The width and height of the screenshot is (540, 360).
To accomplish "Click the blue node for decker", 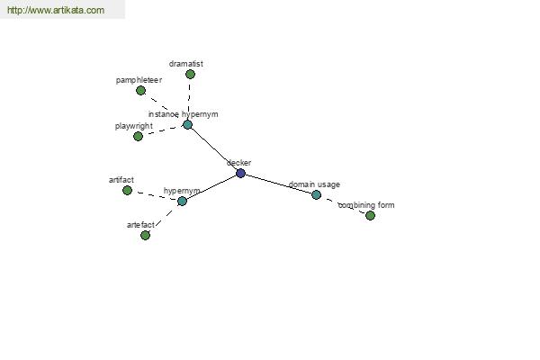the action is point(240,174).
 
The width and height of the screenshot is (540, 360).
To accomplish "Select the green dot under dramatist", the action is point(190,74).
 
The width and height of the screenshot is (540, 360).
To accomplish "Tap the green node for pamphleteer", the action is point(140,91).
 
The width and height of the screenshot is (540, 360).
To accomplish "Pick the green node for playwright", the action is point(138,137).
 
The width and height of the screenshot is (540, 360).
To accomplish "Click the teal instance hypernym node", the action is point(187,125).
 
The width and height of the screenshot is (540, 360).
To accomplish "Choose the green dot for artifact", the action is point(127,190).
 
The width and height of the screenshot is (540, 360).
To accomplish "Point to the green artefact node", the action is point(145,235).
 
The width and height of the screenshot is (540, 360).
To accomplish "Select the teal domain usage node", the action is point(316,195).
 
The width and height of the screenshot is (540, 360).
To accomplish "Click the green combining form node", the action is point(370,216).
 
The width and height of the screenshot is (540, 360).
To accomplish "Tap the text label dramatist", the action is point(186,64).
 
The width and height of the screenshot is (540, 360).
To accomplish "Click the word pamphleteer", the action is point(139,80).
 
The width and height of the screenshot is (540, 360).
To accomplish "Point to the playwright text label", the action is point(133,126).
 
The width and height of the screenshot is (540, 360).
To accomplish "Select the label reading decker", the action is point(239,163).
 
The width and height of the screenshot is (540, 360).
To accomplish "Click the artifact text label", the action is point(121,180).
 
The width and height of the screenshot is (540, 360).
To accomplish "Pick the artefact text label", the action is point(140,225).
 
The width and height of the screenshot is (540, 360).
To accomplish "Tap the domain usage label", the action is point(314,184).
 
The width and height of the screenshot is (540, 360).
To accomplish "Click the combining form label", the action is point(366,205).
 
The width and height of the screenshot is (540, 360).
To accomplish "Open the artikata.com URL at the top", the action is point(56,10).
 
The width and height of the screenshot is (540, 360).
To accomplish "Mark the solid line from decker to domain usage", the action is point(278,184).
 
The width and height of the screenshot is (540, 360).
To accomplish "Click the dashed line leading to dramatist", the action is point(189,99).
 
